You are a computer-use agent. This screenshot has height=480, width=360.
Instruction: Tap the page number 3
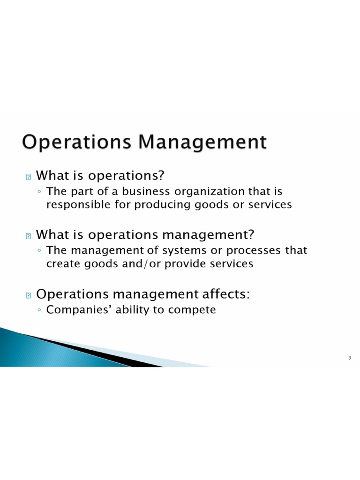350,359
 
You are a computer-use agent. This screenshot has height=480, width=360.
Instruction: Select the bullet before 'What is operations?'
28,177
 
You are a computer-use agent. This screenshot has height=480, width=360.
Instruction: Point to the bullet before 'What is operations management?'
28,236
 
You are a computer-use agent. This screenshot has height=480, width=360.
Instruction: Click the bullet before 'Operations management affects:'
28,295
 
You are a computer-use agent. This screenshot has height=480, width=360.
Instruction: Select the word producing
161,205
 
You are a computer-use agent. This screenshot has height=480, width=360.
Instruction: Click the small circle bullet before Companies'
39,310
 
